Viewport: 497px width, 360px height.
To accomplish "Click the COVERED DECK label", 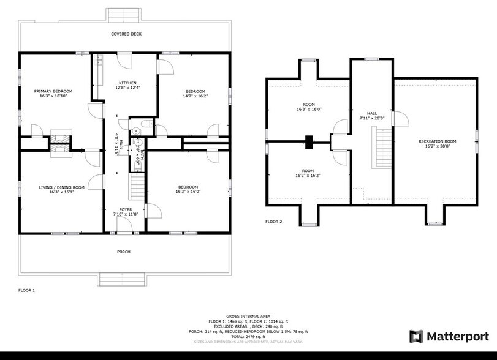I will pyautogui.click(x=126, y=34).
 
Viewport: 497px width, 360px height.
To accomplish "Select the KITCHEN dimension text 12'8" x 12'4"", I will pyautogui.click(x=127, y=88).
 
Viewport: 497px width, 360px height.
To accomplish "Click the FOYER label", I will pyautogui.click(x=126, y=209).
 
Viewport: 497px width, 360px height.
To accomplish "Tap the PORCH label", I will pyautogui.click(x=124, y=252).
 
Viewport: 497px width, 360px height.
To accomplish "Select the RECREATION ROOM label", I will pyautogui.click(x=438, y=141).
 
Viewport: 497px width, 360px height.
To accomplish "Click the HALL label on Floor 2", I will pyautogui.click(x=372, y=113).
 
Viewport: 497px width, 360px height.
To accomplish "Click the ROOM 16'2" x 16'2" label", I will pyautogui.click(x=308, y=171).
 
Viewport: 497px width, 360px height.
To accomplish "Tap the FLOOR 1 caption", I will pyautogui.click(x=26, y=290).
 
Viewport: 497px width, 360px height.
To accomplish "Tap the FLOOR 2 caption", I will pyautogui.click(x=273, y=222).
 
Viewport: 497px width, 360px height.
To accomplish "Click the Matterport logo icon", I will pyautogui.click(x=416, y=336).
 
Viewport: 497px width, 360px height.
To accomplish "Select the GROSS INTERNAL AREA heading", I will pyautogui.click(x=248, y=317).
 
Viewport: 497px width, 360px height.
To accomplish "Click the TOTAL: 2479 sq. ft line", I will pyautogui.click(x=248, y=336).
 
